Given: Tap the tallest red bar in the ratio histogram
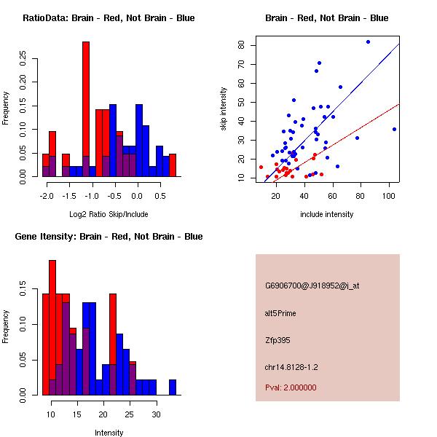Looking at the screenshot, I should click(86, 109).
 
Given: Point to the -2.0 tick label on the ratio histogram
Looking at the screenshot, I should click(47, 196).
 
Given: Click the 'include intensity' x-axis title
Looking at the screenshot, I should click(327, 214).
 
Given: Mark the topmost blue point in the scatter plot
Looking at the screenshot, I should click(368, 42).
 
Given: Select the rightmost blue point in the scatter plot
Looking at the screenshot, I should click(394, 129).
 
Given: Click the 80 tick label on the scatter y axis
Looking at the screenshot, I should click(241, 45).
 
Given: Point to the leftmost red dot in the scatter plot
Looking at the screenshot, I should click(261, 167).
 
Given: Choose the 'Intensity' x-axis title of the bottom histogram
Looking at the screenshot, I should click(109, 433).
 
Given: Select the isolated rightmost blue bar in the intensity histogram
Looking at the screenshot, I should click(173, 387).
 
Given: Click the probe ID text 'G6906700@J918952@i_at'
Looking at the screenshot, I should click(312, 286).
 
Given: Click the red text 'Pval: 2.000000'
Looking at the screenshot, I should click(291, 387).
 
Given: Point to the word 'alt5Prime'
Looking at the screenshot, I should click(280, 313).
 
